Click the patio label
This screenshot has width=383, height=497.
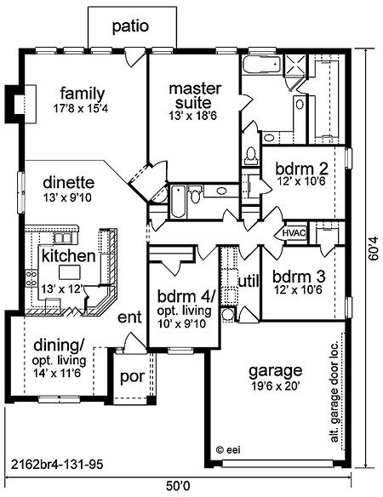pos(130,26)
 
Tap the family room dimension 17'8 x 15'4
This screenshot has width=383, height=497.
pos(81,109)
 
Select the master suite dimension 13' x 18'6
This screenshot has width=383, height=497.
pos(192,116)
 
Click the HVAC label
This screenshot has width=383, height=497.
pos(294,233)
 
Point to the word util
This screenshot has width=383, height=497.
pos(249,281)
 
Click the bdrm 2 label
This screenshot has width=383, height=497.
pos(301,169)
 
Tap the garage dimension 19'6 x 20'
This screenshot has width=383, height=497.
pos(276,386)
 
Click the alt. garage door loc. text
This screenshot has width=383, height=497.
pos(334,391)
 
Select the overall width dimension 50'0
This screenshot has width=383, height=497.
pos(178,485)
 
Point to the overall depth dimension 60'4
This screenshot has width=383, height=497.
pos(374,249)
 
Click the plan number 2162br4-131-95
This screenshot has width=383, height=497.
pos(57,465)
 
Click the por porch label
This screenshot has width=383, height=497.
pos(133,377)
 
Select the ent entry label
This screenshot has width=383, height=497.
pos(129,317)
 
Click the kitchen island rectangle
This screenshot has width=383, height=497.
pos(70,272)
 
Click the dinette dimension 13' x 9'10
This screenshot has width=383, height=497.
pos(67,197)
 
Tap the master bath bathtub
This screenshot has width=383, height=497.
pos(262,65)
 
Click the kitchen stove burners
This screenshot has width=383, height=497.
pos(31,277)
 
